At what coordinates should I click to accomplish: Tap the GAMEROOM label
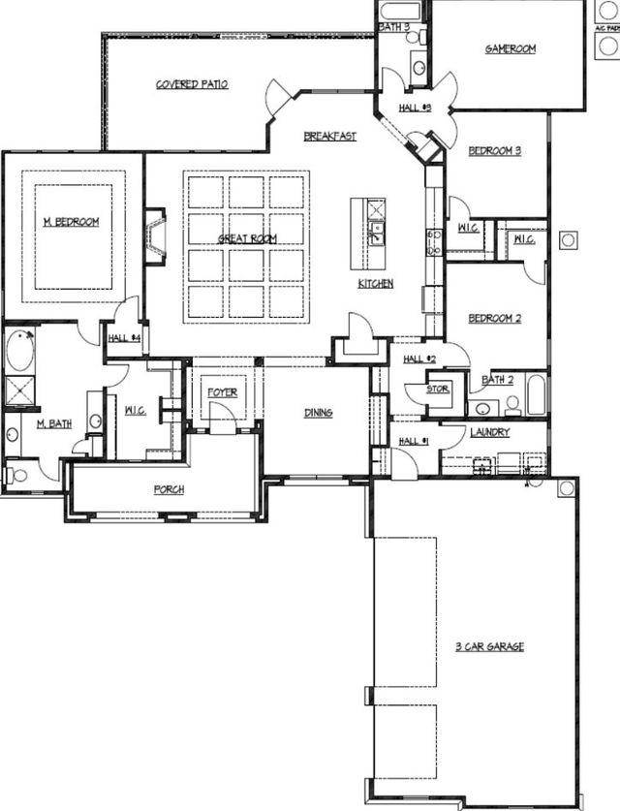[510, 48]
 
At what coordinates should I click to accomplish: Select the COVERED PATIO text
[192, 84]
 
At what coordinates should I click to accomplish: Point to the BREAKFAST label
[329, 137]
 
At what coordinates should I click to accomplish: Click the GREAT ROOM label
[247, 238]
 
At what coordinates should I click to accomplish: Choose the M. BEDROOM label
[71, 222]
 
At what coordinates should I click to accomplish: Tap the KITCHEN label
[375, 284]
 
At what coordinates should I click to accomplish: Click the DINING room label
[318, 413]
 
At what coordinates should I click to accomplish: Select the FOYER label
[222, 392]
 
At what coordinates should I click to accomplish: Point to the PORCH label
[169, 489]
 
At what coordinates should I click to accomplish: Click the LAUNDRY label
[489, 432]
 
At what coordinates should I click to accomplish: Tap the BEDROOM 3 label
[494, 151]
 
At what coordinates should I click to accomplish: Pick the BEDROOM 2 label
[495, 318]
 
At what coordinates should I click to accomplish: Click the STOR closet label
[439, 390]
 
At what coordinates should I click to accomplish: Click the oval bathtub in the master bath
[20, 351]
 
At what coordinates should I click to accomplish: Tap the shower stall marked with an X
[19, 390]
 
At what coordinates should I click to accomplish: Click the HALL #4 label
[125, 338]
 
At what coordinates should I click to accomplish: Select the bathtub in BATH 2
[536, 396]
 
